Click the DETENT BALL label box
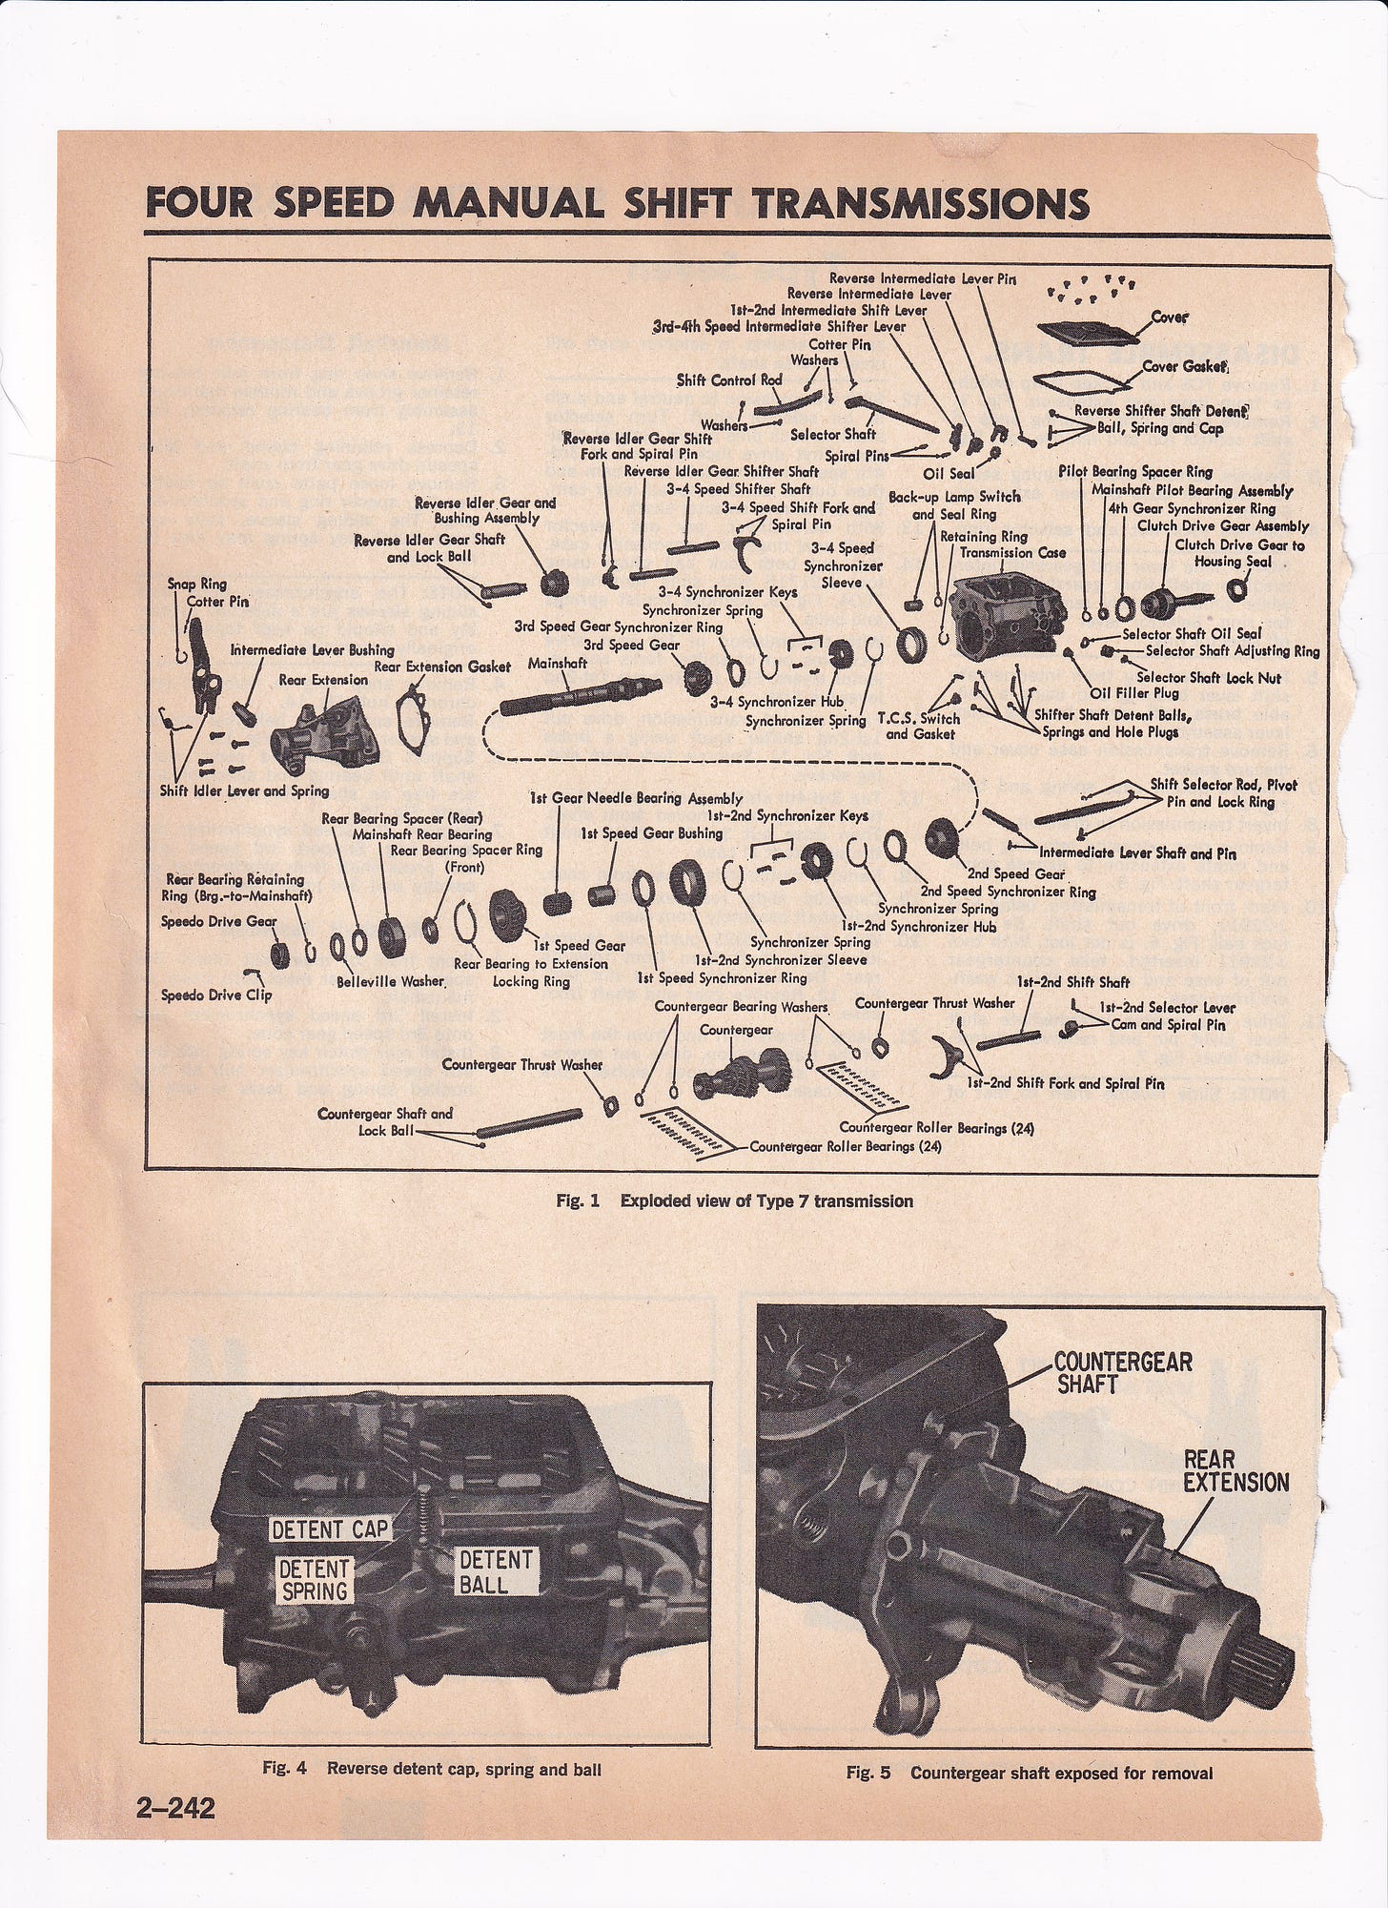pyautogui.click(x=496, y=1572)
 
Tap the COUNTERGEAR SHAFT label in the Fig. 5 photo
pyautogui.click(x=1123, y=1371)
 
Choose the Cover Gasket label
pyautogui.click(x=1183, y=368)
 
